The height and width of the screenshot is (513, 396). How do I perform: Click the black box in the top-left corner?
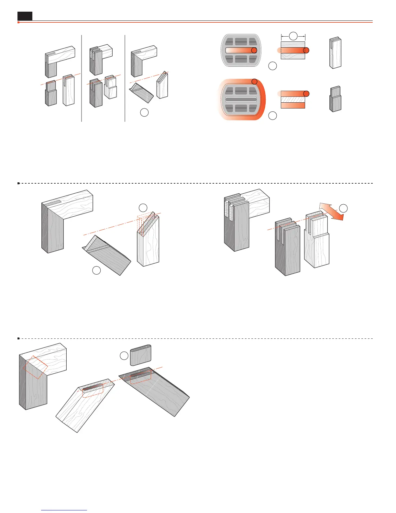pyautogui.click(x=25, y=16)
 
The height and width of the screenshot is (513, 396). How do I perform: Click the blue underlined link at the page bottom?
pyautogui.click(x=64, y=510)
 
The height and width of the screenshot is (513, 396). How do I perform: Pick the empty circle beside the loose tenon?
pyautogui.click(x=124, y=356)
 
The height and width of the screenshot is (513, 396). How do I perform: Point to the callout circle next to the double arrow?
pyautogui.click(x=343, y=208)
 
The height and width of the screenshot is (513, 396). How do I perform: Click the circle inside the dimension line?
pyautogui.click(x=293, y=36)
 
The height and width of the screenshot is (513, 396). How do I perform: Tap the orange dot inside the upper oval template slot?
pyautogui.click(x=254, y=50)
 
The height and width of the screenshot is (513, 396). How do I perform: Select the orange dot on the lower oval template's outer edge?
pyautogui.click(x=254, y=81)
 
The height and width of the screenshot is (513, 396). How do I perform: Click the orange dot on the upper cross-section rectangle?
pyautogui.click(x=306, y=50)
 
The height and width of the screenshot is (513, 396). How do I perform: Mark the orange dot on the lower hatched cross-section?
pyautogui.click(x=306, y=94)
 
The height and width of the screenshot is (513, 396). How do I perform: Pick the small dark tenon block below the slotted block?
pyautogui.click(x=335, y=99)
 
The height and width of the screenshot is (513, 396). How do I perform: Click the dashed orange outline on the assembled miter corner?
pyautogui.click(x=35, y=367)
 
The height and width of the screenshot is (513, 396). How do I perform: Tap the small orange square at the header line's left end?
pyautogui.click(x=18, y=22)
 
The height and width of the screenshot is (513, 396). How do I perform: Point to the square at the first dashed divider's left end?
pyautogui.click(x=18, y=183)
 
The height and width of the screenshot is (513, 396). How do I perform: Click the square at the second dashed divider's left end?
pyautogui.click(x=18, y=338)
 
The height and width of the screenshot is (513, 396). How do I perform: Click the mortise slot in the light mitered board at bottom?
pyautogui.click(x=93, y=387)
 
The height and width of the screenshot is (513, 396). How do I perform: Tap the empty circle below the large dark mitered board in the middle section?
pyautogui.click(x=96, y=270)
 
